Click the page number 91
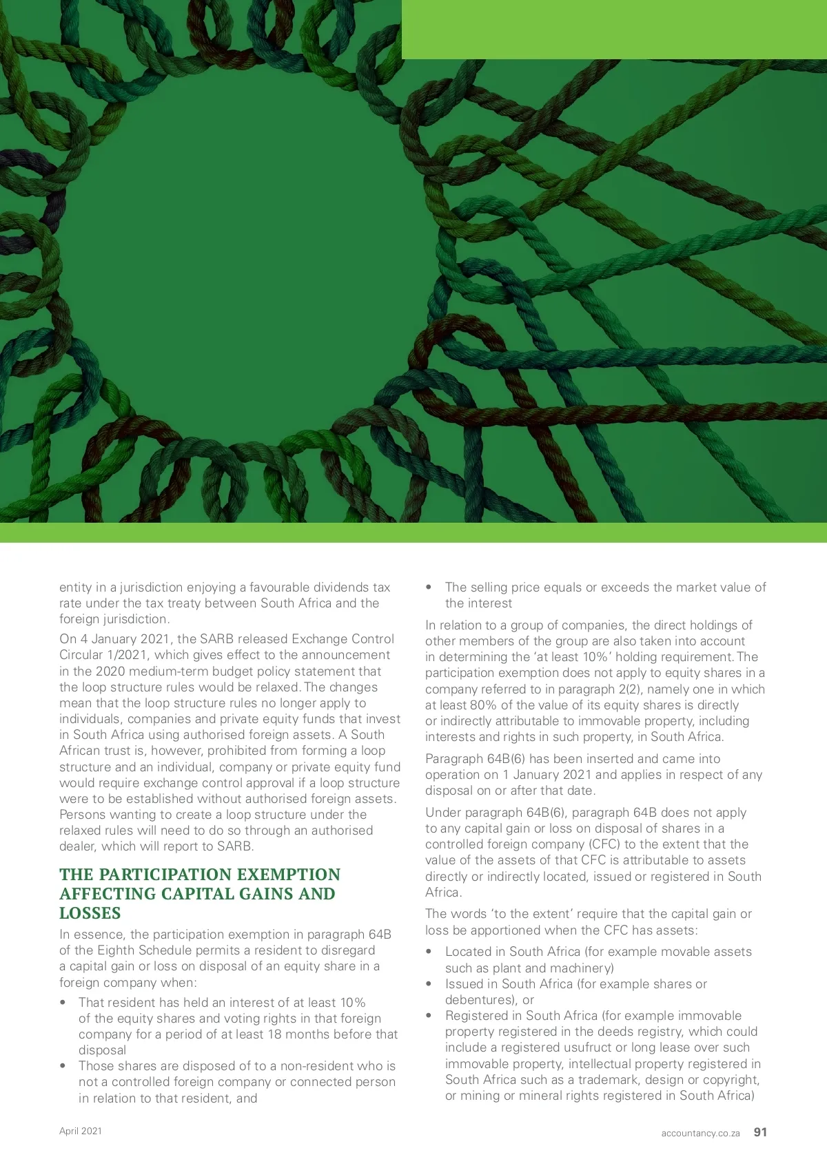(760, 1132)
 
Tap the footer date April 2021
(81, 1131)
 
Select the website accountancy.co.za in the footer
(700, 1133)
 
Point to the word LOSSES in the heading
(90, 913)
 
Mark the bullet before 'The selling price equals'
(429, 587)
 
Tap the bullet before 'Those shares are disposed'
(63, 1066)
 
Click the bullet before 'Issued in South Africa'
(429, 984)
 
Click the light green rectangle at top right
(613, 29)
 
